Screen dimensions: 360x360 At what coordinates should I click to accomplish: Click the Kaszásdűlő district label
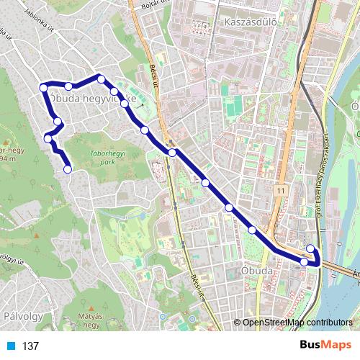pyautogui.click(x=251, y=22)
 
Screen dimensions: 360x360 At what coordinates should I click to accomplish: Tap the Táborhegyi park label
pyautogui.click(x=107, y=158)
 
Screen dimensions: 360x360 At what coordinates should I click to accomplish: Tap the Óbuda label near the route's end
pyautogui.click(x=254, y=271)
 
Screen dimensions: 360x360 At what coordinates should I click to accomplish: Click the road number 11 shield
pyautogui.click(x=280, y=189)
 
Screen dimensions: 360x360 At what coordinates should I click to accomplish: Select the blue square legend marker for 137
pyautogui.click(x=10, y=346)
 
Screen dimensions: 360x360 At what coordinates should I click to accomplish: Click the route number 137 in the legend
pyautogui.click(x=30, y=346)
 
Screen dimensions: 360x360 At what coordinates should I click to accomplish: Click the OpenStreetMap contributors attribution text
pyautogui.click(x=297, y=323)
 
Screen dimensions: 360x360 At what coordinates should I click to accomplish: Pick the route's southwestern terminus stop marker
pyautogui.click(x=68, y=169)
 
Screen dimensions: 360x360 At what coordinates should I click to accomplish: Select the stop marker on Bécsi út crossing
pyautogui.click(x=172, y=152)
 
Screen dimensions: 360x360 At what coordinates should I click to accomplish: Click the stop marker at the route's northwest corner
pyautogui.click(x=44, y=88)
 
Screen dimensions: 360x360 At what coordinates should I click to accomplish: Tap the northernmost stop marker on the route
pyautogui.click(x=102, y=78)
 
